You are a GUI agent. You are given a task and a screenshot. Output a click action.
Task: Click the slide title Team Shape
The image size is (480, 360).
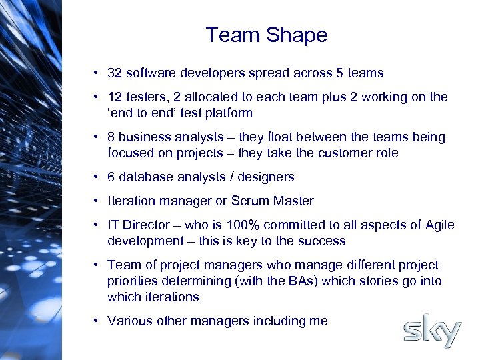(x=266, y=35)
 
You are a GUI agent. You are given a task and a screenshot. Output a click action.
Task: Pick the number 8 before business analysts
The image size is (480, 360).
(x=111, y=137)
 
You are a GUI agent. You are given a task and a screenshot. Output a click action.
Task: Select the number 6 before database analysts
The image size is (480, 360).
(x=111, y=177)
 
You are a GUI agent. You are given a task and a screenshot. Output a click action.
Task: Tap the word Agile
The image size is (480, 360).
(x=437, y=225)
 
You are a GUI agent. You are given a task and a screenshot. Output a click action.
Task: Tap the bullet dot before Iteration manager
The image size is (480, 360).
(x=97, y=201)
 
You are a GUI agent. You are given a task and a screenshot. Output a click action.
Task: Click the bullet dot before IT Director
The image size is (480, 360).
(x=97, y=225)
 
